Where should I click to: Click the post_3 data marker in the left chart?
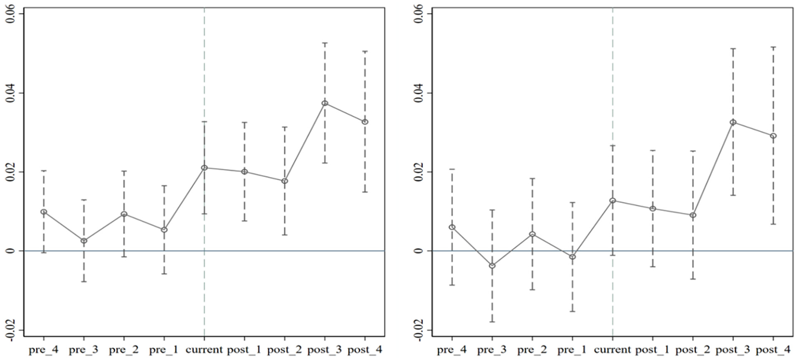pyautogui.click(x=325, y=103)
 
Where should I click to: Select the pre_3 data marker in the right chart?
pyautogui.click(x=492, y=265)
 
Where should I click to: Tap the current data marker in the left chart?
pyautogui.click(x=204, y=168)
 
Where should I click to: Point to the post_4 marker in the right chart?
pyautogui.click(x=773, y=136)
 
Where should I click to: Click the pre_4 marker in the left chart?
pyautogui.click(x=44, y=212)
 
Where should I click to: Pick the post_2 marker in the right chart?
pyautogui.click(x=693, y=215)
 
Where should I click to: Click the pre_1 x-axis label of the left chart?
pyautogui.click(x=164, y=350)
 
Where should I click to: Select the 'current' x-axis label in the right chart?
pyautogui.click(x=612, y=350)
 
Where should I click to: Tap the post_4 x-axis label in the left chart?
pyautogui.click(x=365, y=350)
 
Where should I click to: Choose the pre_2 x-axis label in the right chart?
pyautogui.click(x=532, y=350)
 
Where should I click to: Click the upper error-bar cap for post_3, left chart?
pyautogui.click(x=325, y=43)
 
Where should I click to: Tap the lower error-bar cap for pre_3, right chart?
pyautogui.click(x=492, y=321)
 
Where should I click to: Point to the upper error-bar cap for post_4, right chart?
pyautogui.click(x=773, y=47)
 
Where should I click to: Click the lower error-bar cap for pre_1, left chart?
pyautogui.click(x=164, y=274)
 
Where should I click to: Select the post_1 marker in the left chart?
pyautogui.click(x=244, y=172)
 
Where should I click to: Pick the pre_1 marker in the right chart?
pyautogui.click(x=572, y=257)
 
